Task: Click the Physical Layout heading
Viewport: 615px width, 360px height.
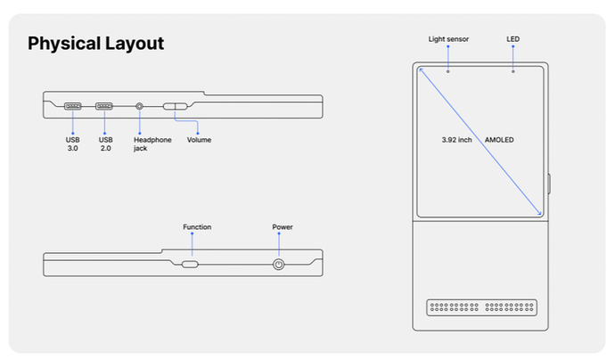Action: coord(95,44)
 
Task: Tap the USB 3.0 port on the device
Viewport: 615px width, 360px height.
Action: coord(73,106)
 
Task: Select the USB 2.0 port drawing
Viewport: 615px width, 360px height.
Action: coord(104,106)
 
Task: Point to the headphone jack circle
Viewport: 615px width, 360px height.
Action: coord(139,106)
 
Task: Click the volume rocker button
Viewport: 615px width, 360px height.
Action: coord(176,106)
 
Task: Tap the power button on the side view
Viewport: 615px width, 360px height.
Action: coord(278,265)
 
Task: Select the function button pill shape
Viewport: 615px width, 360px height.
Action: coord(190,265)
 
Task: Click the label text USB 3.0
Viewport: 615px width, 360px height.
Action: coord(72,144)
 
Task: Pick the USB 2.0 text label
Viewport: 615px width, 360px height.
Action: coord(105,144)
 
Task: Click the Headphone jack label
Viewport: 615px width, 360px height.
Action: coord(152,144)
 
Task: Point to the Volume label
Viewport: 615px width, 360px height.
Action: coord(200,140)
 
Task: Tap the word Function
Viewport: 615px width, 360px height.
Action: coord(197,227)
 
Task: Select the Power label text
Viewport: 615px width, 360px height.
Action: coord(283,227)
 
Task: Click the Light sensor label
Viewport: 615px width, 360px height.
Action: coord(448,39)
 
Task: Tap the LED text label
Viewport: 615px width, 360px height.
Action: coord(512,39)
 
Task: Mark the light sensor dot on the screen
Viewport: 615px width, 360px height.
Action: coord(448,71)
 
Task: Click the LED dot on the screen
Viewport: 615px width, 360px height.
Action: coord(513,71)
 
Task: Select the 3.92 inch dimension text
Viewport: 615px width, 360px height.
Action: coord(456,140)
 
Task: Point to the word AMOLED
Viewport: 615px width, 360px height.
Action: coord(499,140)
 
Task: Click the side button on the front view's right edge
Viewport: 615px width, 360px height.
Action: coord(550,184)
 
